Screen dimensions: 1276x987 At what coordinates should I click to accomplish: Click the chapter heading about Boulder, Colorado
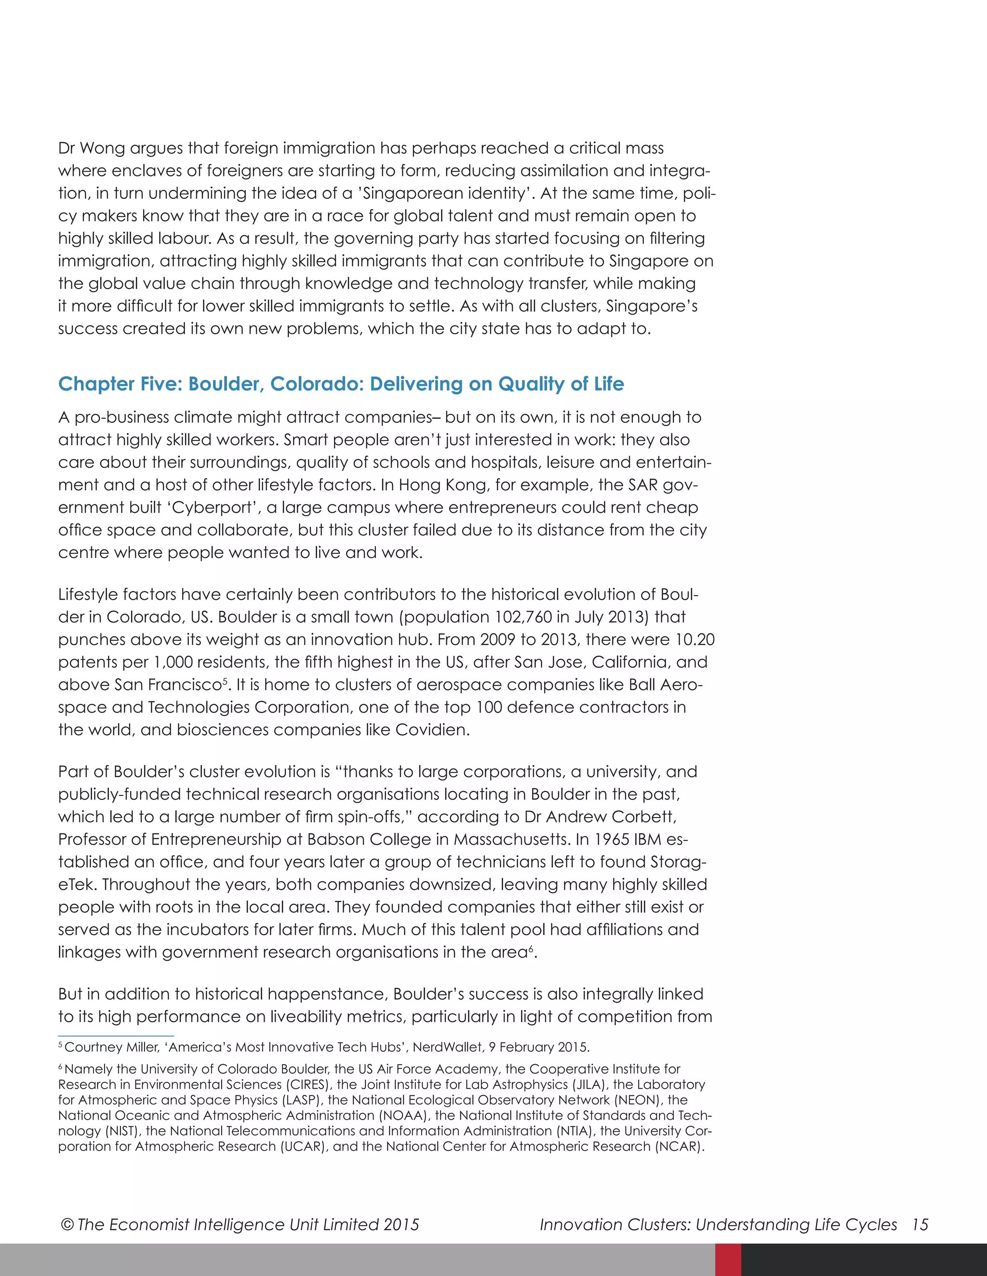tap(341, 384)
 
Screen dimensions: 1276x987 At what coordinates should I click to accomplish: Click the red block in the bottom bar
tap(728, 1260)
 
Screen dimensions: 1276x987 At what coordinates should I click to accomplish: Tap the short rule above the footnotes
tap(116, 1036)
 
